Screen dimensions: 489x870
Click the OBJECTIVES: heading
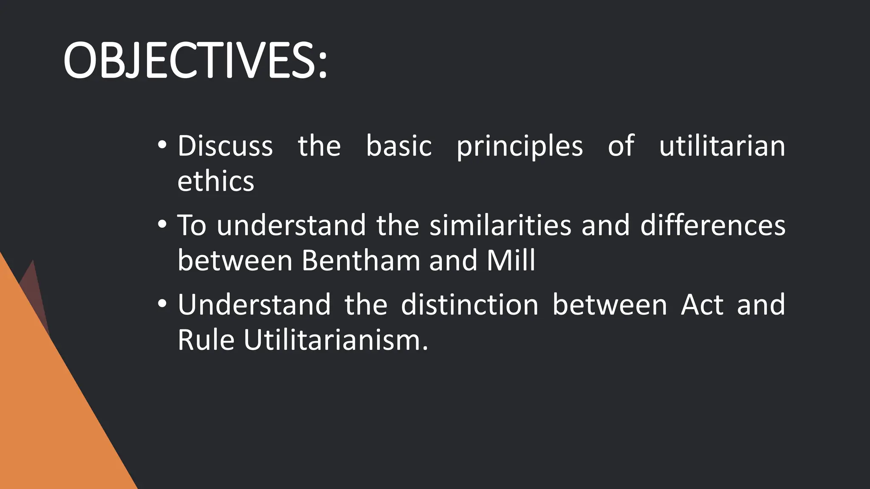click(x=195, y=61)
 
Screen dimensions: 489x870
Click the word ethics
click(x=215, y=182)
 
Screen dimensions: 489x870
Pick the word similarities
click(x=500, y=225)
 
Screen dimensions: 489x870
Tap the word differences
click(x=712, y=225)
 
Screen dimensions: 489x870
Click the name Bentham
click(x=360, y=261)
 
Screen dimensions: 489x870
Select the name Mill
click(x=511, y=261)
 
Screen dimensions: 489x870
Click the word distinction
click(x=469, y=305)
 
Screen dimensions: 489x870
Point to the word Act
click(x=702, y=305)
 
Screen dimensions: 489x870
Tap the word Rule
click(x=206, y=340)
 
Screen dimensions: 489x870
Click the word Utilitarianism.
click(x=336, y=340)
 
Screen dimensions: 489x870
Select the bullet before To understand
click(x=162, y=225)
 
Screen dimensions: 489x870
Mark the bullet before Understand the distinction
click(x=162, y=304)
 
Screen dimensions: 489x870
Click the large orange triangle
click(x=47, y=403)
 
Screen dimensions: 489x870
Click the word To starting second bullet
click(x=192, y=225)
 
